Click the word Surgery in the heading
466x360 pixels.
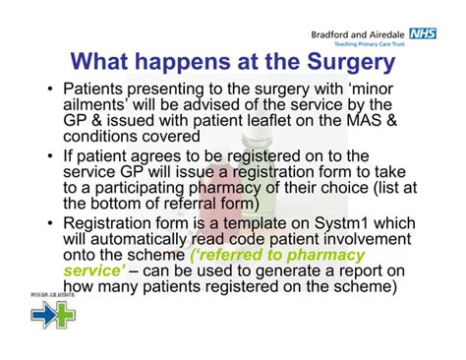(x=334, y=63)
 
